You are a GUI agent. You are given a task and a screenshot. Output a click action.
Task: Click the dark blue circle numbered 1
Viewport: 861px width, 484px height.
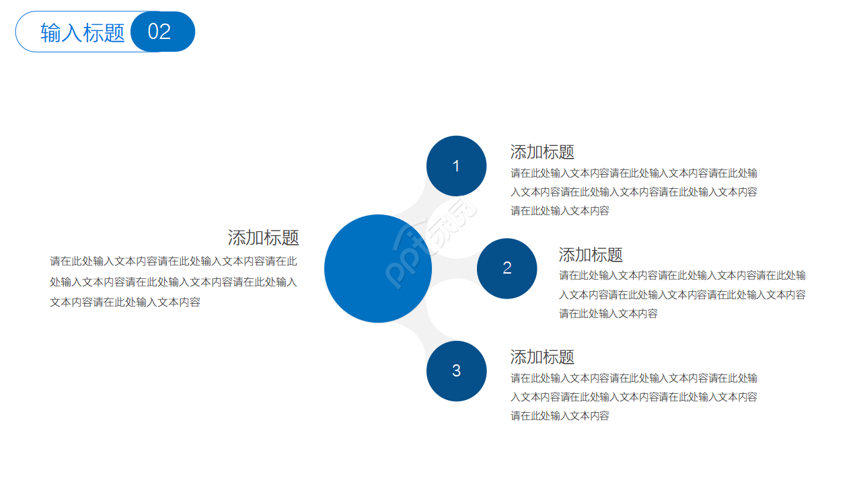456,166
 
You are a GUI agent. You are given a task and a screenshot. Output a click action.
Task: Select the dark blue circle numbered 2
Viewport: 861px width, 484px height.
507,268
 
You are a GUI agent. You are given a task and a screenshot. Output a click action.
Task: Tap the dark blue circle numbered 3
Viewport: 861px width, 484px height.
456,370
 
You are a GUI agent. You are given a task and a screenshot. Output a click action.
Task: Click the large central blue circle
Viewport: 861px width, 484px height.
377,268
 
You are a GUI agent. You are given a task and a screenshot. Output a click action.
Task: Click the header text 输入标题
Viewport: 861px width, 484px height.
83,32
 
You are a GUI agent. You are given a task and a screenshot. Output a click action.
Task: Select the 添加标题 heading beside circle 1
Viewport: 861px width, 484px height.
542,152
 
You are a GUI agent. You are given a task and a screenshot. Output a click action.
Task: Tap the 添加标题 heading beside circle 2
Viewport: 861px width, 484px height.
591,255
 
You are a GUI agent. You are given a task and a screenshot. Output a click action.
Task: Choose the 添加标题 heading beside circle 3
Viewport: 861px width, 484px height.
542,357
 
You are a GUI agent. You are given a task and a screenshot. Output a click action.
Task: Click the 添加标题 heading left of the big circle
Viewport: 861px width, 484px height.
263,238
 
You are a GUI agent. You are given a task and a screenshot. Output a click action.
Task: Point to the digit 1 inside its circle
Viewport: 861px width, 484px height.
456,166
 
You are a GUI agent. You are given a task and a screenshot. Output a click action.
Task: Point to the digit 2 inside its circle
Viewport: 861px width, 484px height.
507,268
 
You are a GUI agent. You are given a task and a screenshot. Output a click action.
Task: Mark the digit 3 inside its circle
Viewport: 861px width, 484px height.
456,370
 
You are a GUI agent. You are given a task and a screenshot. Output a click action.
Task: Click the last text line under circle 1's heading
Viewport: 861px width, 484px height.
560,210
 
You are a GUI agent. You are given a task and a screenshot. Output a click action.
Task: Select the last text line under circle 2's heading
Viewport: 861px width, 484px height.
608,313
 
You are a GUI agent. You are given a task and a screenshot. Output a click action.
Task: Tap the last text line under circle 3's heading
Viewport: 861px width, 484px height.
560,415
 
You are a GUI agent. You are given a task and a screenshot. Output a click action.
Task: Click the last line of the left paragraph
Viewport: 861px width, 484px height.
125,302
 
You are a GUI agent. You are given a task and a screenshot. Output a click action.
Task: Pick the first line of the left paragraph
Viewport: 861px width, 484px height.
174,261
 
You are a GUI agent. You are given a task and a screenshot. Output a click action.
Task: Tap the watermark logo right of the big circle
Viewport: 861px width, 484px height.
430,242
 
